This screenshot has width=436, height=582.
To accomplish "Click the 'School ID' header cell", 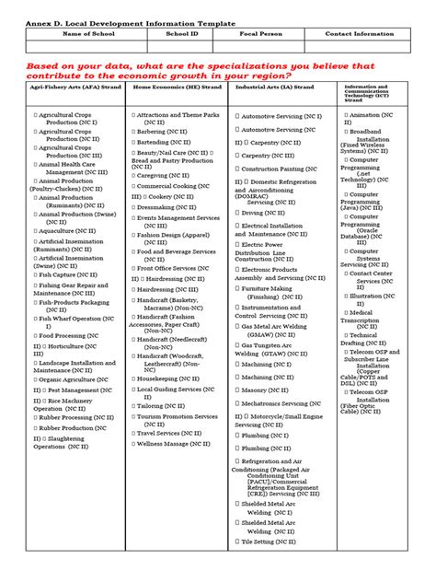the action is pyautogui.click(x=182, y=33).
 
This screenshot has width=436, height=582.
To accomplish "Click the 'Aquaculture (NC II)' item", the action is pyautogui.click(x=70, y=230).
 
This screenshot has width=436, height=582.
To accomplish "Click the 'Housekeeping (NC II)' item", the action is pyautogui.click(x=176, y=378).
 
